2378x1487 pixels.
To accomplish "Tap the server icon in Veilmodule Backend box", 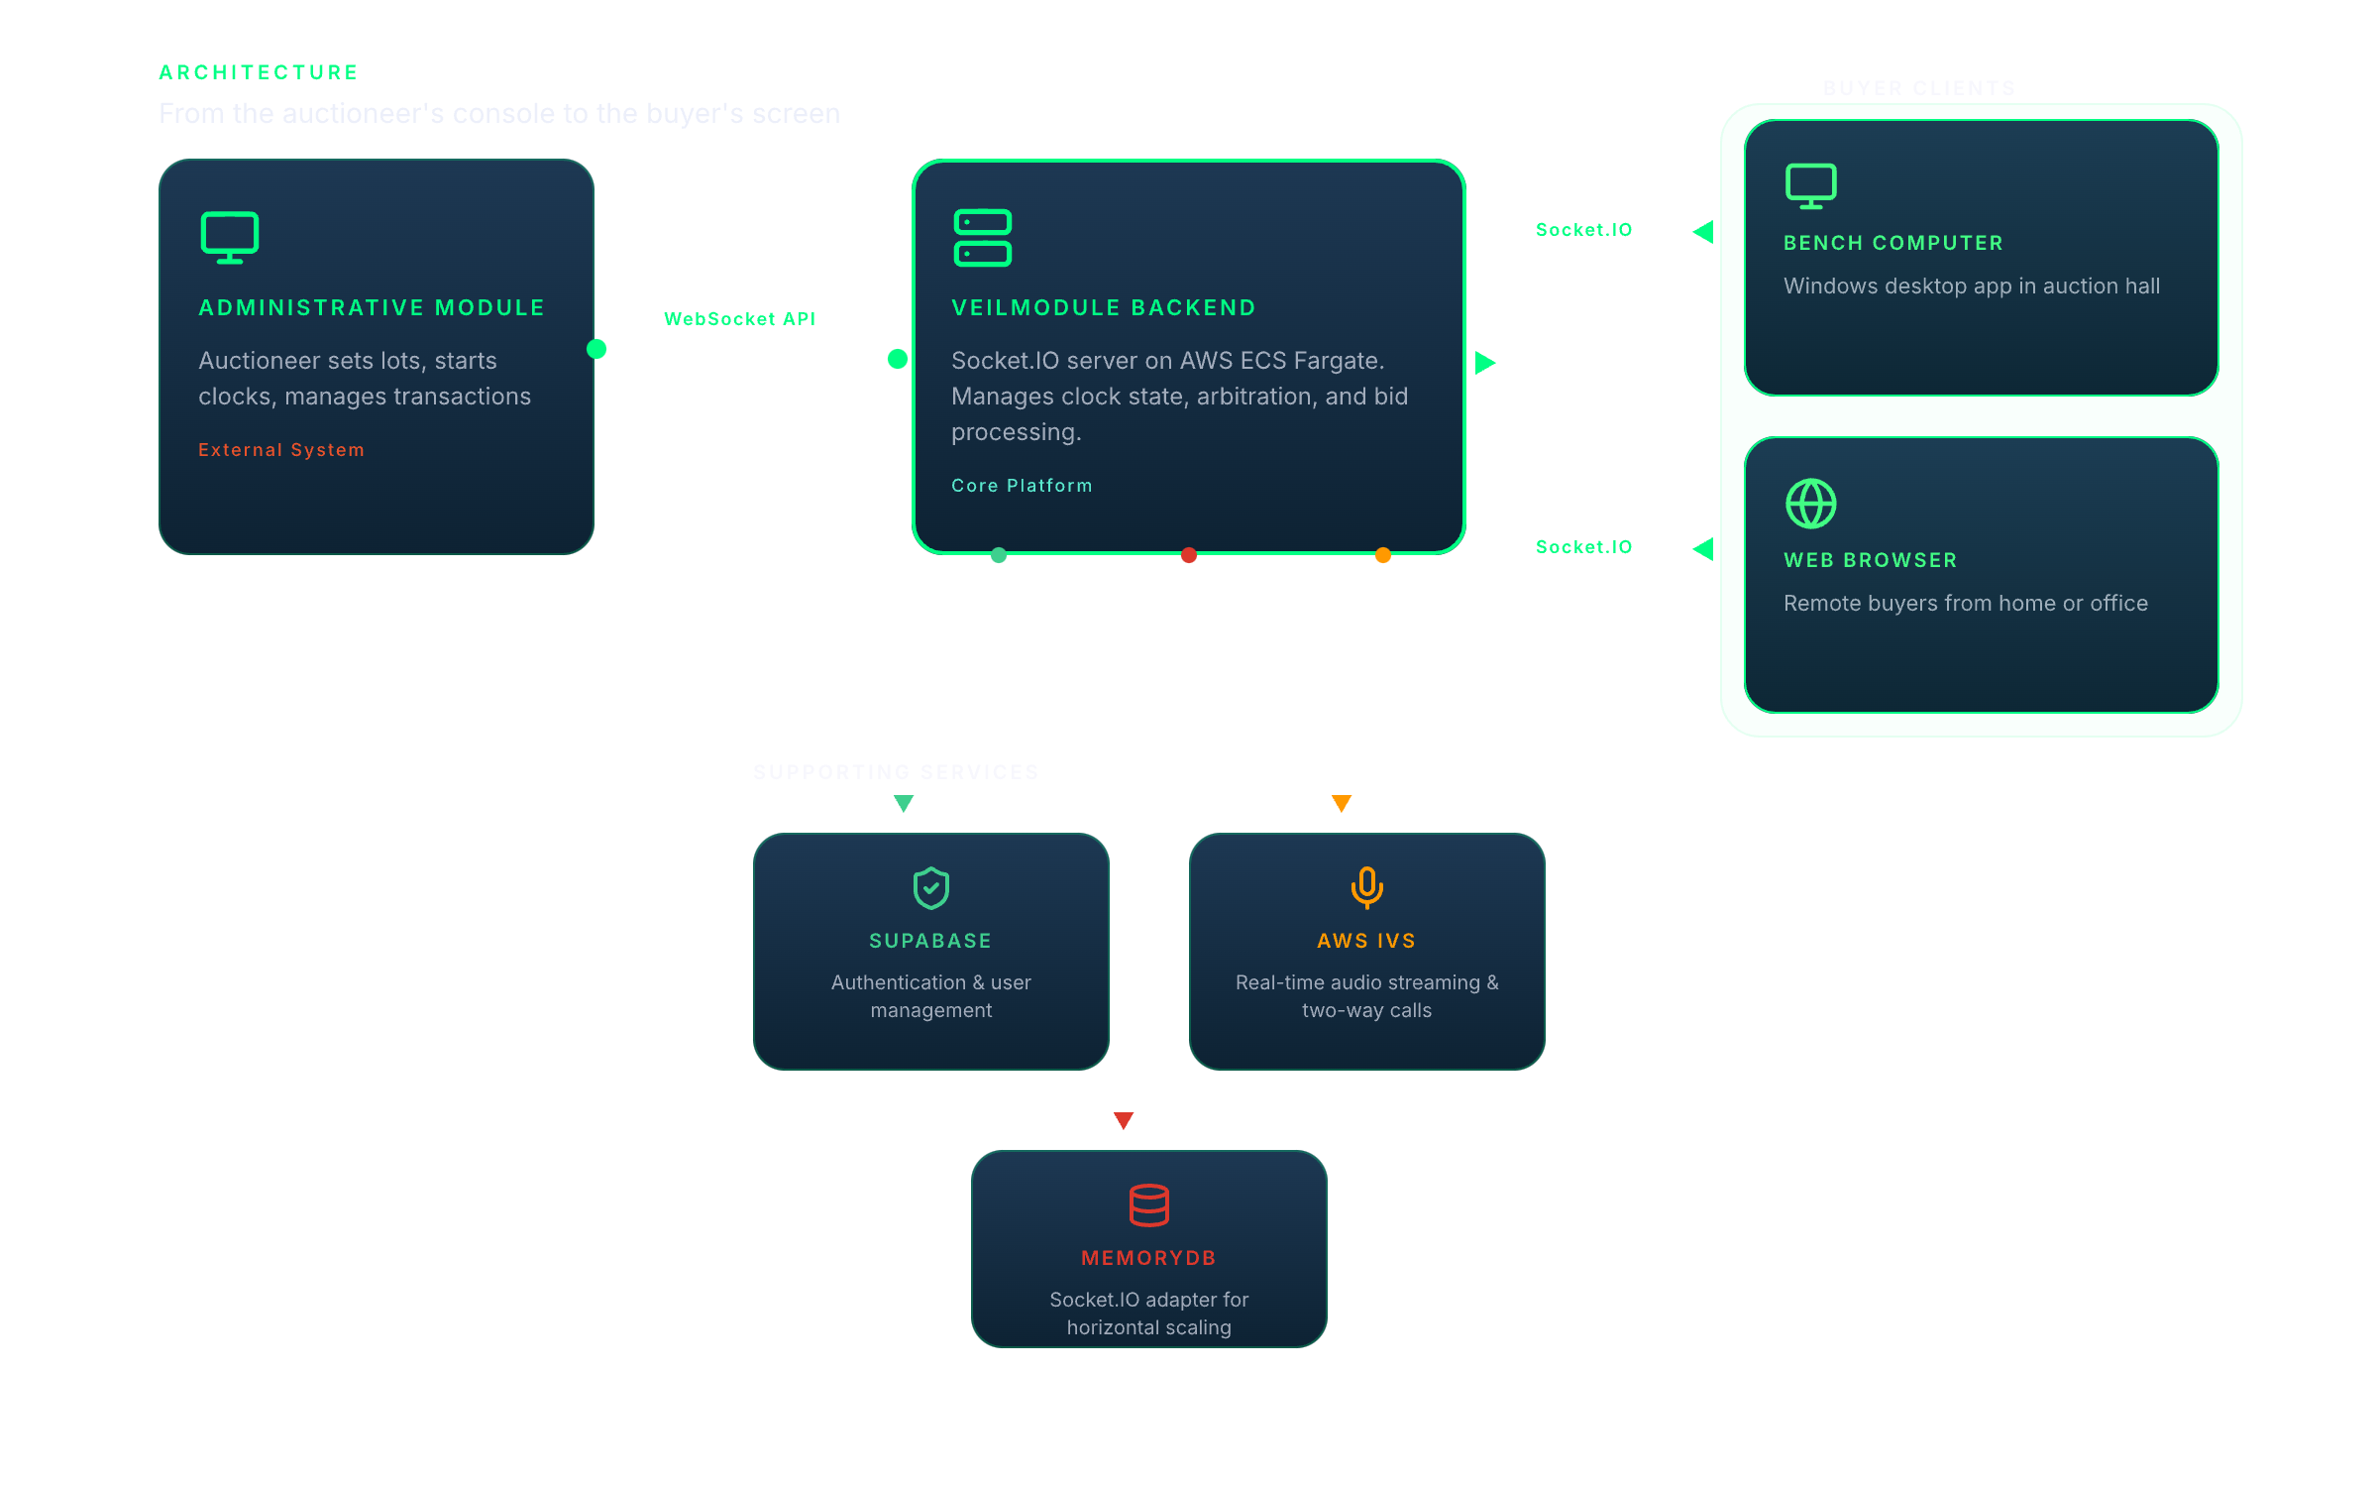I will point(982,238).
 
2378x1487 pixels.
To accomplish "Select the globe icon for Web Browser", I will point(1810,504).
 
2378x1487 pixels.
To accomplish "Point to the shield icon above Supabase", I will point(930,888).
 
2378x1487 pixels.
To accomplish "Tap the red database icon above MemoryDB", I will point(1148,1205).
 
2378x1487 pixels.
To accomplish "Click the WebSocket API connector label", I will point(739,319).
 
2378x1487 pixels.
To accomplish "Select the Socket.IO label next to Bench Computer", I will point(1583,230).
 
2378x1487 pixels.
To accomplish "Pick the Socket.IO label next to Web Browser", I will point(1583,547).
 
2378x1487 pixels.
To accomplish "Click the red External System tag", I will point(281,450).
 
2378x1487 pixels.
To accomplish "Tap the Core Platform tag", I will point(1022,486).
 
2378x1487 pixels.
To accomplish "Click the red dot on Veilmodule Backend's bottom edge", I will point(1189,555).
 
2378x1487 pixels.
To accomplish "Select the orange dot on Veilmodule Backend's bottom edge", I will point(1383,555).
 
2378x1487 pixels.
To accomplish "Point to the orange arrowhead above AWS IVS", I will point(1342,803).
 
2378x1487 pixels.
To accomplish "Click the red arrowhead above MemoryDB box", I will point(1124,1120).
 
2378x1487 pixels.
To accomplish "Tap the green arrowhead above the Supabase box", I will point(904,803).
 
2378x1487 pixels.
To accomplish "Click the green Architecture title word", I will point(259,72).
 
